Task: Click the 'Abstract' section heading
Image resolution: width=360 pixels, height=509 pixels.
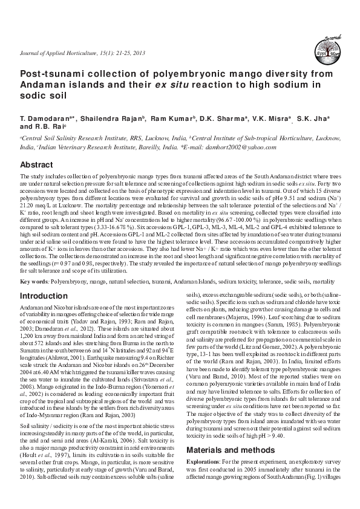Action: coord(37,164)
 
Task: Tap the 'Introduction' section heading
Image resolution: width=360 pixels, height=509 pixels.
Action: coord(44,296)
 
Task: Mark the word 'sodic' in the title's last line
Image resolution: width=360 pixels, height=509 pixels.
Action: coord(34,97)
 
